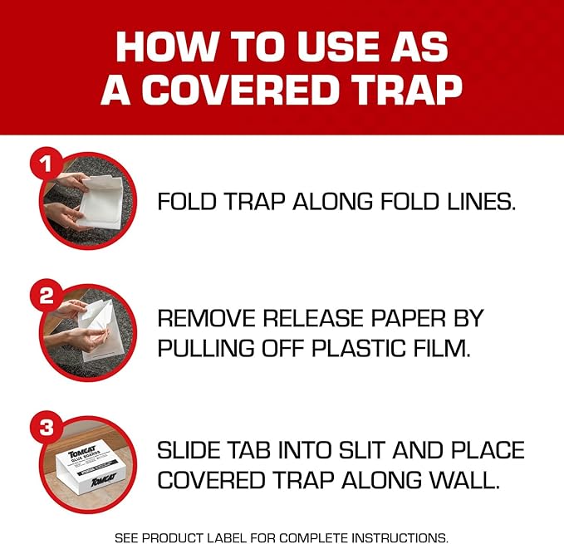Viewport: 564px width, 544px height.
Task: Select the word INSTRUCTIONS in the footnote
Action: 399,537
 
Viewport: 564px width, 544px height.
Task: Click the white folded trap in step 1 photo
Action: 96,199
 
